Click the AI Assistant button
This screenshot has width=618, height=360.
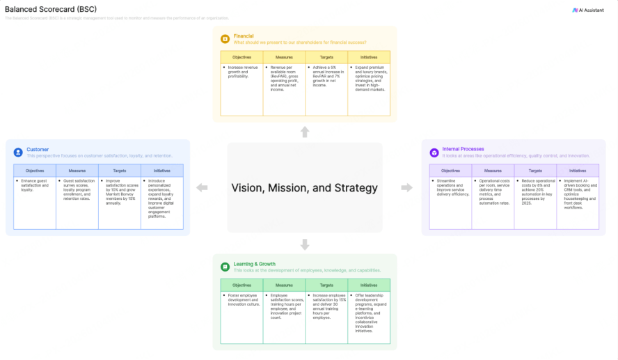point(589,10)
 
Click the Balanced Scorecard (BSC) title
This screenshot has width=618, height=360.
point(51,9)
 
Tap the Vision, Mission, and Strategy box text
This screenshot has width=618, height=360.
point(304,187)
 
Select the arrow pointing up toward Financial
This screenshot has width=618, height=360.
point(305,132)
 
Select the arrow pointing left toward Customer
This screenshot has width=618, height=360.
point(202,187)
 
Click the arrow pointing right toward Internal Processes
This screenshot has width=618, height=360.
point(407,187)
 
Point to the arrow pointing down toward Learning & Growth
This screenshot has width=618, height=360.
point(305,244)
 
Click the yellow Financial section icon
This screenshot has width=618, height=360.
point(225,39)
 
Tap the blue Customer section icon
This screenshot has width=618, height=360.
point(18,152)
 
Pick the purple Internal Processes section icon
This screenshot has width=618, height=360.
point(434,152)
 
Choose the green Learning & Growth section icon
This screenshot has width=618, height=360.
point(225,267)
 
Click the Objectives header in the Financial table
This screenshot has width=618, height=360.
point(241,57)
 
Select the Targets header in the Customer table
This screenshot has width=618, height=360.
point(120,171)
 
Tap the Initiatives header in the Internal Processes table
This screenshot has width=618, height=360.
point(577,171)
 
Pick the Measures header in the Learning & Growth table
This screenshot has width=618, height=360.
point(284,285)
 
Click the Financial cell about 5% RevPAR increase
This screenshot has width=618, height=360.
point(326,76)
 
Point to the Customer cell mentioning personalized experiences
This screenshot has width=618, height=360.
point(161,198)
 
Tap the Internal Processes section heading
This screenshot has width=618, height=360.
point(463,149)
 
